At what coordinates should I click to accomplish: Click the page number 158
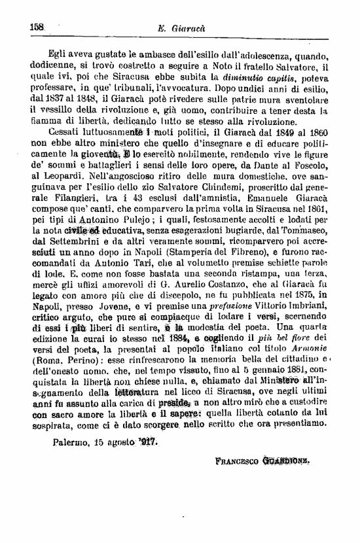tap(36, 27)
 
